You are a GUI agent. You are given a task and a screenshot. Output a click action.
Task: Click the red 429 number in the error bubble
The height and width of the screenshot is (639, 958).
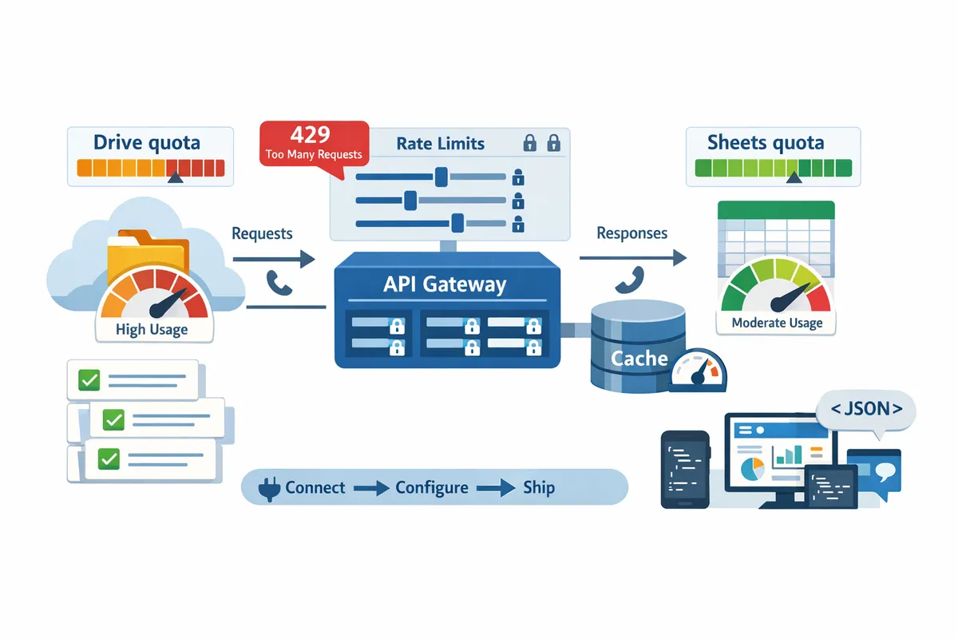click(310, 134)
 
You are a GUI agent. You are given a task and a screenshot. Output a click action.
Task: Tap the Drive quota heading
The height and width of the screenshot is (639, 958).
click(147, 143)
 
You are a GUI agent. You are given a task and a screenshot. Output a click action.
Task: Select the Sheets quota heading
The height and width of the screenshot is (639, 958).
click(766, 143)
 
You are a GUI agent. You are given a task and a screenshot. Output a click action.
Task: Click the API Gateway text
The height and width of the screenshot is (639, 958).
click(445, 284)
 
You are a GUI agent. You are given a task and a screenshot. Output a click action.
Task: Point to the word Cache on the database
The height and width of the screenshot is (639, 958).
click(639, 359)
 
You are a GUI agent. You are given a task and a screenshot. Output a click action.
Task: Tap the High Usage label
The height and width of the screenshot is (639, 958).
click(152, 330)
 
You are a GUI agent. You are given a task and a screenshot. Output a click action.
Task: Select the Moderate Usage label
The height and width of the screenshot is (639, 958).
click(777, 323)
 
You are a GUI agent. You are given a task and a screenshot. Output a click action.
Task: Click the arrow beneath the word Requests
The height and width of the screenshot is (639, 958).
click(274, 259)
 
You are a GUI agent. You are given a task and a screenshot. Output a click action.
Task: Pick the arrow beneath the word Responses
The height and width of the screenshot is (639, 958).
click(633, 258)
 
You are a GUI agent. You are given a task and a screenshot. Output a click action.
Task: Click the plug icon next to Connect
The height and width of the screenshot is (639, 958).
click(270, 489)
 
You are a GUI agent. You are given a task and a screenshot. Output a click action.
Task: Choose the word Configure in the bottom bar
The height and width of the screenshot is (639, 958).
click(432, 488)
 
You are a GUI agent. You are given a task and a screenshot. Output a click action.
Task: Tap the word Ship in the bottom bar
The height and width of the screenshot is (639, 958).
click(539, 488)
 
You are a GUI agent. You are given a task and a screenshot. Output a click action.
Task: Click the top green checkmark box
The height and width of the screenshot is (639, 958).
click(89, 379)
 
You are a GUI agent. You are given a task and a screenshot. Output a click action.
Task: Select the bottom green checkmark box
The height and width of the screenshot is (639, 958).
click(109, 458)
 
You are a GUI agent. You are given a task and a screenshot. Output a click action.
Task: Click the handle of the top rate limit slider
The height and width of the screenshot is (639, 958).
click(441, 177)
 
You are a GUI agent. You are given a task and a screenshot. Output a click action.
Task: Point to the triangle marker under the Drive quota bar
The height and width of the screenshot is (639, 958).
click(176, 177)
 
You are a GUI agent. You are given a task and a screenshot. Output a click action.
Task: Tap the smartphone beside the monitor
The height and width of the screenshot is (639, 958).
click(685, 470)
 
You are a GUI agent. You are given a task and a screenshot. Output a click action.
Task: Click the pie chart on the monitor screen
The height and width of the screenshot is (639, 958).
click(752, 469)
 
